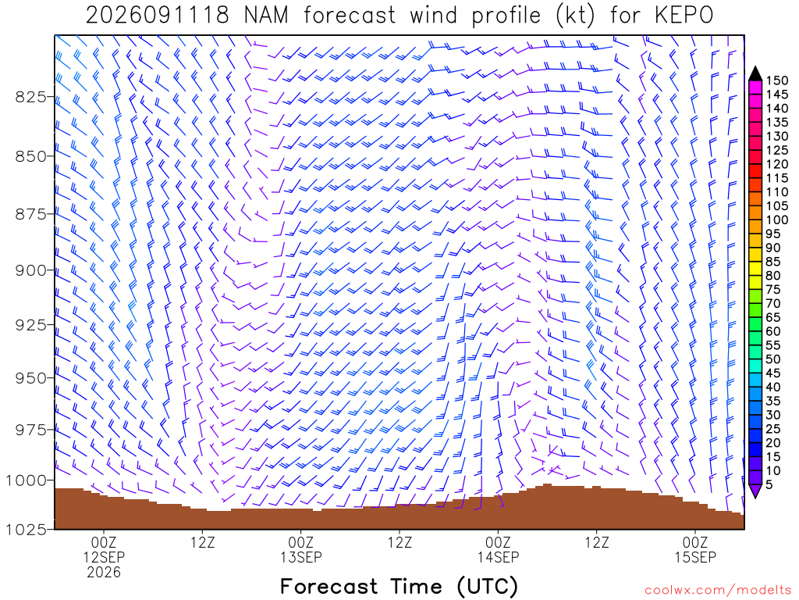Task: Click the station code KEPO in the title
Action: click(x=684, y=16)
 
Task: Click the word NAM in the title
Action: click(x=266, y=16)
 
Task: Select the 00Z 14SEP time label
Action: click(x=498, y=549)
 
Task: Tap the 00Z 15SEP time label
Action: click(x=695, y=549)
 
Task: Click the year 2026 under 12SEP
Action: click(x=104, y=573)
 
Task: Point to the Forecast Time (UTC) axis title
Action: click(x=399, y=587)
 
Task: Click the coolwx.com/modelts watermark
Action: click(x=718, y=591)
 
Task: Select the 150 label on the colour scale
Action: click(x=777, y=80)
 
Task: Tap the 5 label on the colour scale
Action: click(x=769, y=485)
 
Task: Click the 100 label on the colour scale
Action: click(x=777, y=220)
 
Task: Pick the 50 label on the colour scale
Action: click(x=773, y=359)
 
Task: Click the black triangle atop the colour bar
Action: click(x=755, y=74)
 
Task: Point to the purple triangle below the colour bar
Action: click(x=755, y=491)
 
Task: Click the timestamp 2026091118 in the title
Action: click(x=158, y=16)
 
